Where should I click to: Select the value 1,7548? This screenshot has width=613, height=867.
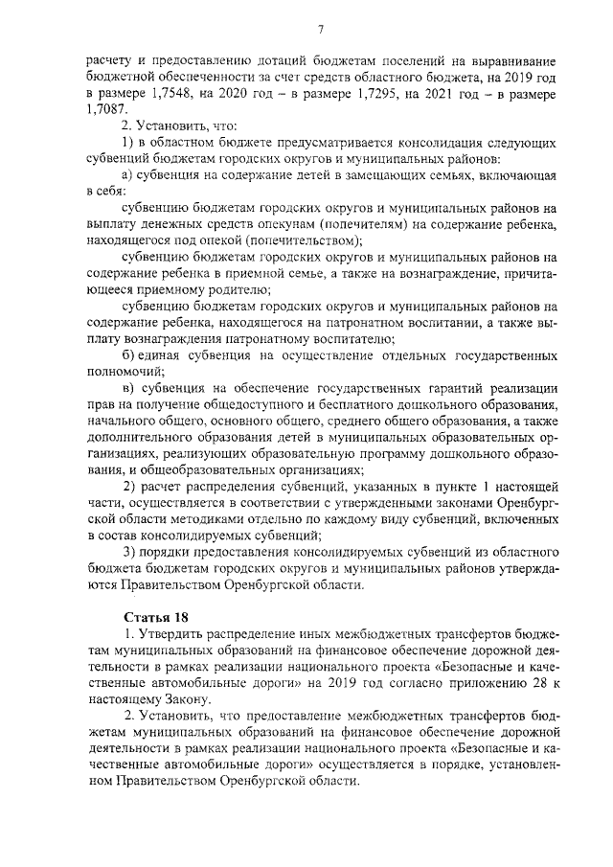coord(170,95)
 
